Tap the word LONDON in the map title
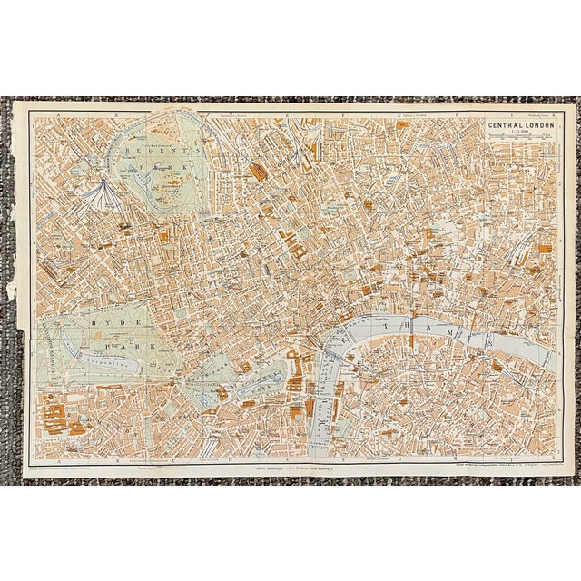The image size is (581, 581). coord(536,127)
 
